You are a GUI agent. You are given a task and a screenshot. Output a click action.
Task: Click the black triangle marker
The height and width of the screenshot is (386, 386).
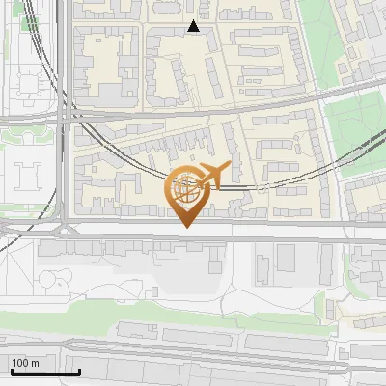(194, 27)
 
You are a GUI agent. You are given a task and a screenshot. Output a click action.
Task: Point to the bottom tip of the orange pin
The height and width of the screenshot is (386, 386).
(185, 228)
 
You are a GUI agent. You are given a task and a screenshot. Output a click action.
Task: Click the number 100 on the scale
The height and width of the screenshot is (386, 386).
(20, 363)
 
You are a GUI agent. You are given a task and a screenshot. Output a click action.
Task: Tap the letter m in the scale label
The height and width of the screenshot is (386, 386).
(35, 363)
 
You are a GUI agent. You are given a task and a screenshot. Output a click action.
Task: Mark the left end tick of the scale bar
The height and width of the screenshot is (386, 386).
(10, 370)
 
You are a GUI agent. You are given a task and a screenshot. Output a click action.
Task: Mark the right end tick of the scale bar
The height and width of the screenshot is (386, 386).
(79, 370)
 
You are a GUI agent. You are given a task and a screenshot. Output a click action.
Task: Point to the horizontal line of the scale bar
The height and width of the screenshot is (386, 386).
(44, 372)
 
